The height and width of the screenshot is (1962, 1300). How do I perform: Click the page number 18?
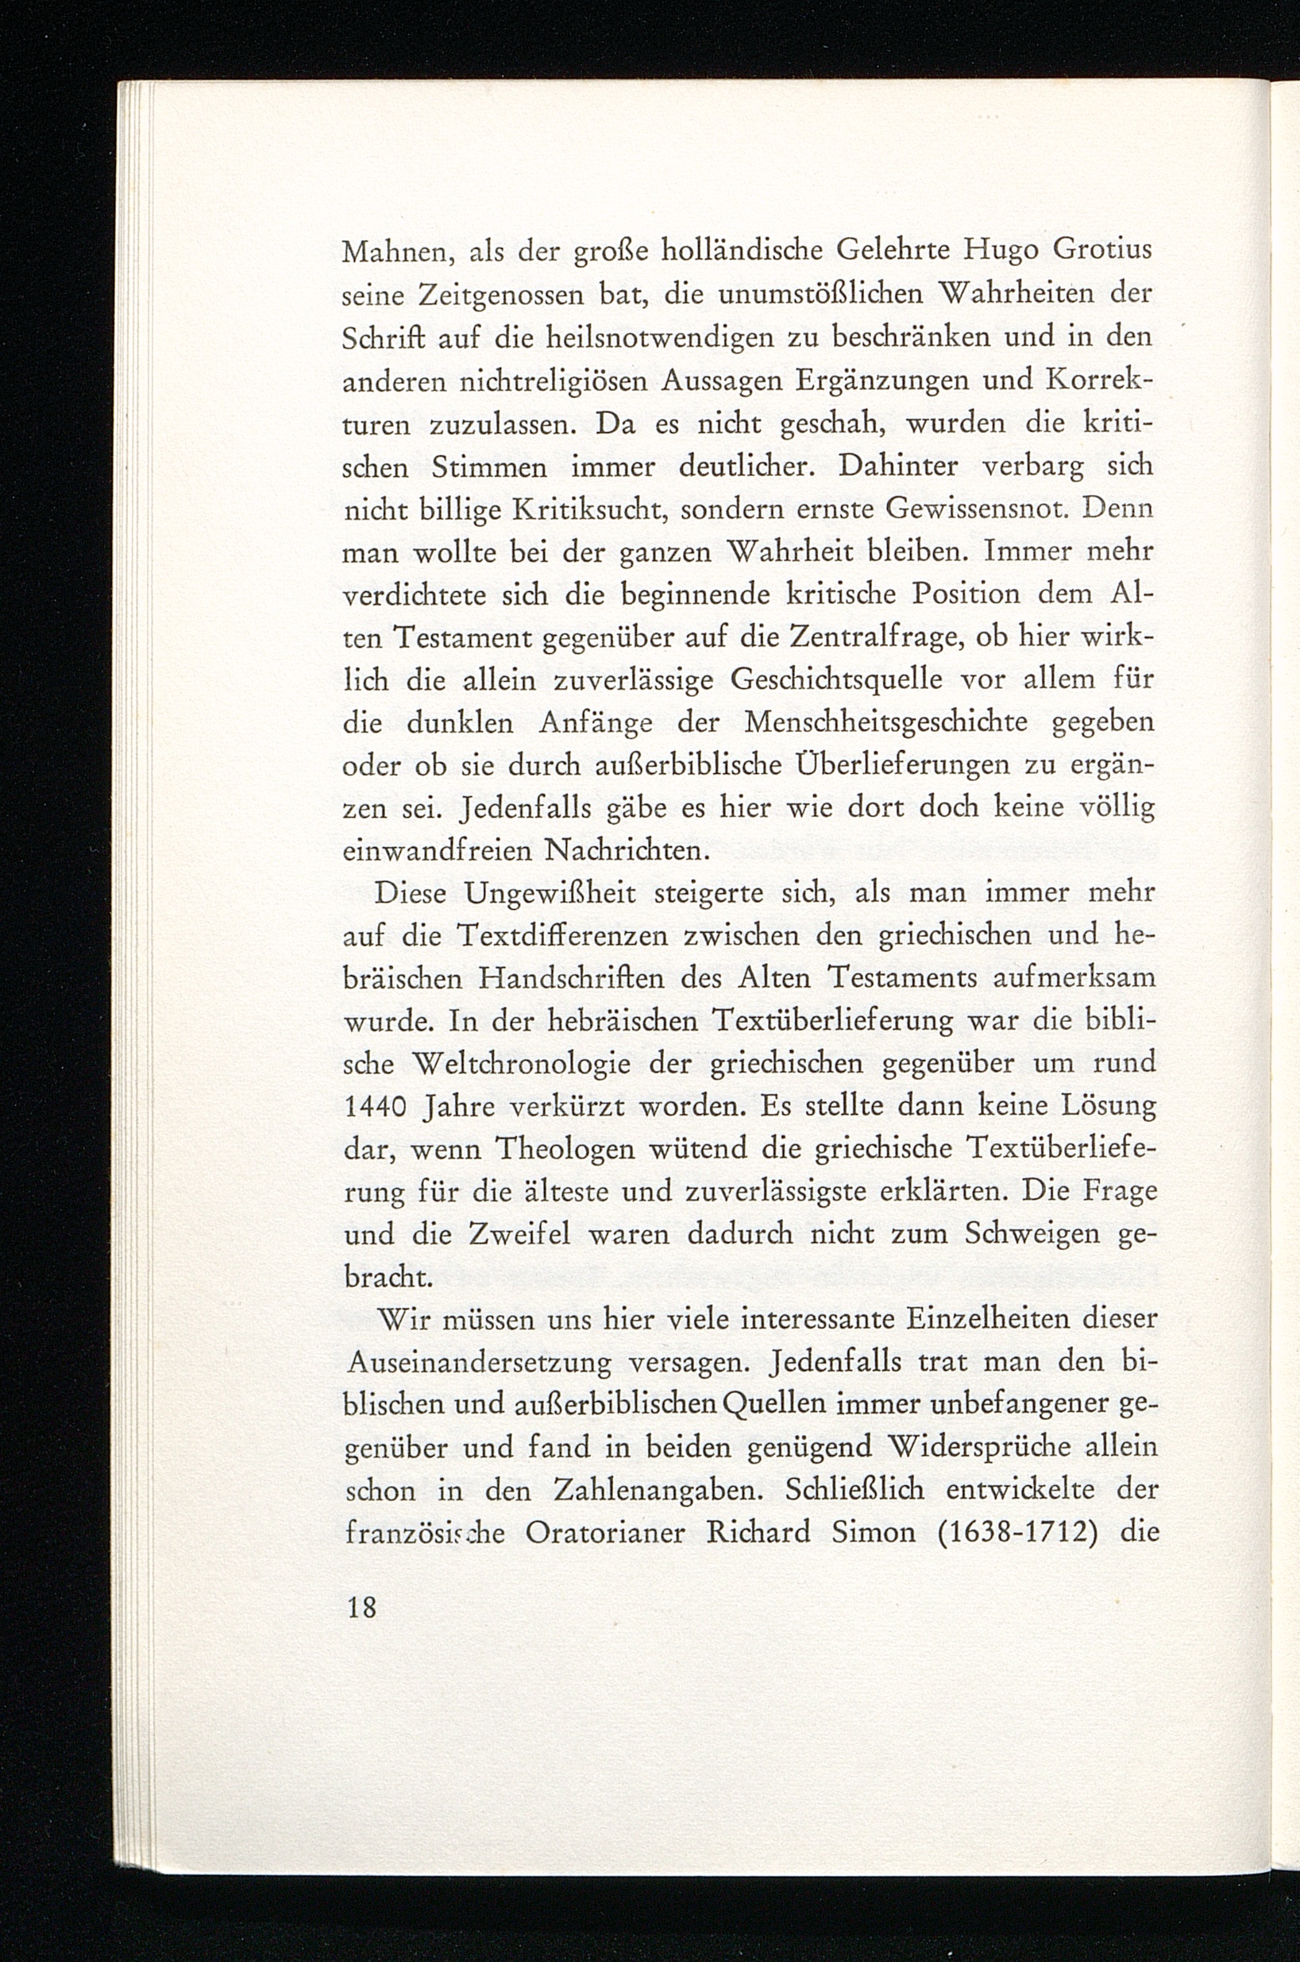point(362,1608)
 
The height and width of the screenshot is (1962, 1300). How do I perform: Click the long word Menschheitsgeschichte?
point(886,723)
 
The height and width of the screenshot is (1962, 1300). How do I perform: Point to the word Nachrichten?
point(624,851)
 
